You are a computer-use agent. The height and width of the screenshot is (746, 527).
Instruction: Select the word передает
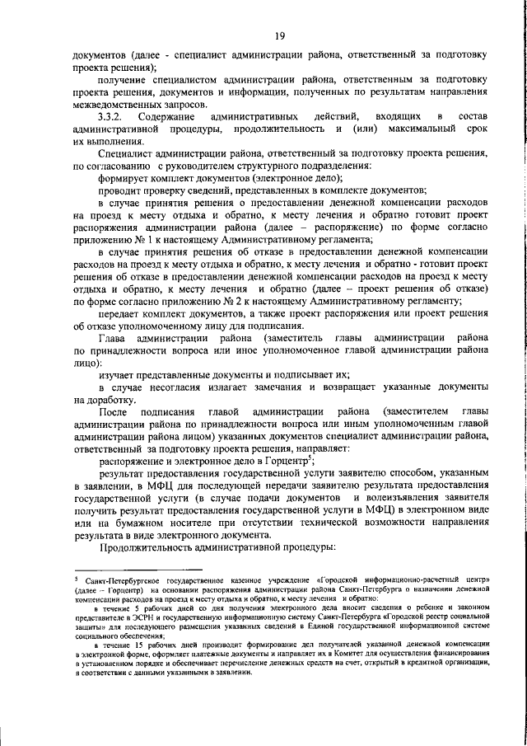[x=124, y=339]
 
